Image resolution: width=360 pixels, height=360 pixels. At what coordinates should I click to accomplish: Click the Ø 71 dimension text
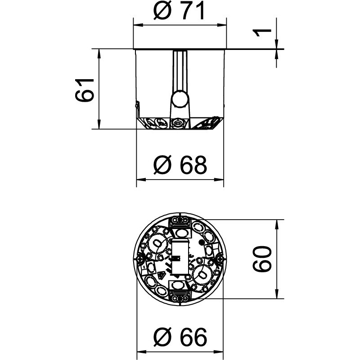coord(179,11)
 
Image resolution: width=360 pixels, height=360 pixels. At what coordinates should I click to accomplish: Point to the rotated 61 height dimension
coord(85,89)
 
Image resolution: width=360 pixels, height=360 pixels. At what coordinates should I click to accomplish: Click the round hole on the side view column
coord(180,99)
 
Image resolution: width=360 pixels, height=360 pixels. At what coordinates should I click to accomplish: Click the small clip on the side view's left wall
coord(136,106)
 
